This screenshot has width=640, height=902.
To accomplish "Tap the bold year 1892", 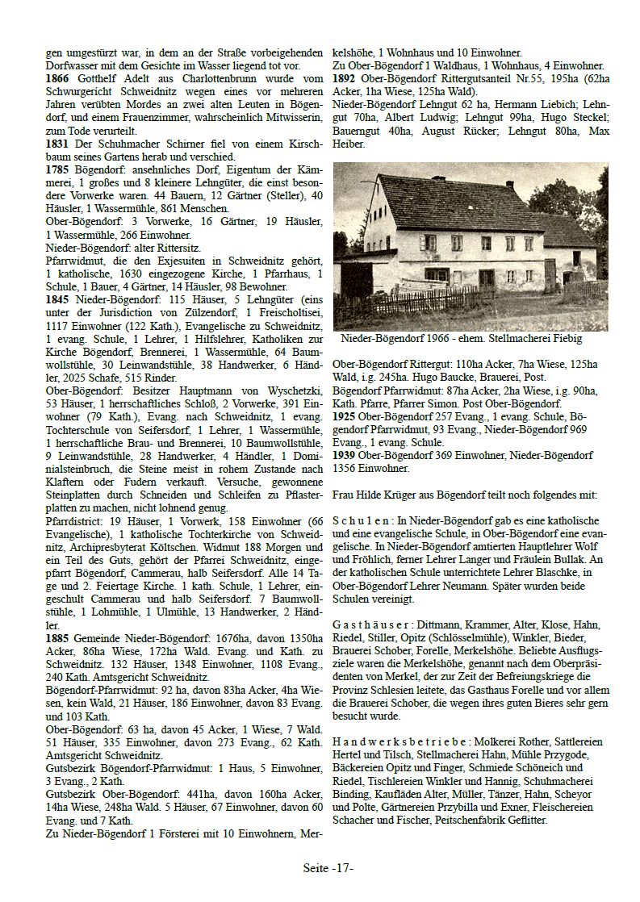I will click(x=345, y=79).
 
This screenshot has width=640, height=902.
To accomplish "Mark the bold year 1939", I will click(x=345, y=455).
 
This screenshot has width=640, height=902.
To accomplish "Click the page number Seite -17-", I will click(x=328, y=868).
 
